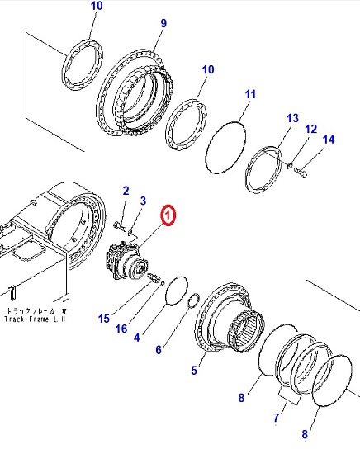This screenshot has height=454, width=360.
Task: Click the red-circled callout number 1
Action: pos(168,215)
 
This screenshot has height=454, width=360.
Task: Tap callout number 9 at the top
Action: pos(163,23)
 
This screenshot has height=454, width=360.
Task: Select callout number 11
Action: pos(250,94)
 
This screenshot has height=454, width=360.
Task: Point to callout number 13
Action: pos(292,118)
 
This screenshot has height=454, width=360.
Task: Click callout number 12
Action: pos(311,129)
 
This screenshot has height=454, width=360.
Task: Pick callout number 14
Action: pos(329,140)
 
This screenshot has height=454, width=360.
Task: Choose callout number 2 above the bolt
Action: pos(126,191)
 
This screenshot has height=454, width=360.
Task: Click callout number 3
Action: pos(143,201)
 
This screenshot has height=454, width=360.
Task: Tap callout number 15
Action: pos(104,319)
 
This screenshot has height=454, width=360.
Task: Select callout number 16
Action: pos(121,329)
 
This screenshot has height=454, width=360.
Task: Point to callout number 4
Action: pos(137,338)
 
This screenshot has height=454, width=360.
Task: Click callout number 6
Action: pos(159,350)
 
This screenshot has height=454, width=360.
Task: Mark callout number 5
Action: pos(194,370)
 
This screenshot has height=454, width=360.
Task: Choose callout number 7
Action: pos(276,418)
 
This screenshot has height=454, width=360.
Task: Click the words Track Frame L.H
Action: pos(35,319)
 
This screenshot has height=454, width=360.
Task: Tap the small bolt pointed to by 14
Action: pos(301,173)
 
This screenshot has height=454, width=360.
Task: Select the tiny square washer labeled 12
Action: pos(290,166)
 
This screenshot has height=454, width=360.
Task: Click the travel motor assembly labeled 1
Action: pos(127,261)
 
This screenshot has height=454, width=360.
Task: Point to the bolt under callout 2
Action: pos(120,226)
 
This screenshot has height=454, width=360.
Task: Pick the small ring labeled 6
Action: pos(194,300)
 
